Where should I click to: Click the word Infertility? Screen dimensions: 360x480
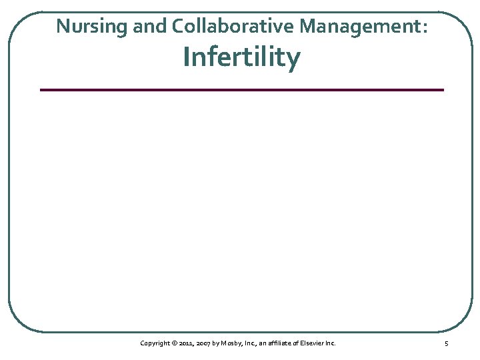(242, 57)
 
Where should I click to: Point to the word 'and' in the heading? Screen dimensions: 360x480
(145, 26)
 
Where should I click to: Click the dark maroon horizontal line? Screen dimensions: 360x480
(241, 89)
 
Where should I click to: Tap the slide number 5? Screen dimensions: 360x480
(446, 343)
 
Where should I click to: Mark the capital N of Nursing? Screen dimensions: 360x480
(62, 26)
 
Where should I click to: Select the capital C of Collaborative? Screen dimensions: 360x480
(178, 26)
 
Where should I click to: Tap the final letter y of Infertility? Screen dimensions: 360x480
(294, 60)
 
